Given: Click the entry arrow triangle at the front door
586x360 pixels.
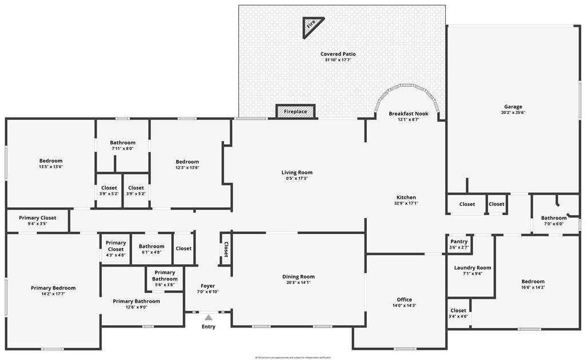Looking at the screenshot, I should tap(209, 317).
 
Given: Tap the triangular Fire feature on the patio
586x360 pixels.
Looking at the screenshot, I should tap(312, 25).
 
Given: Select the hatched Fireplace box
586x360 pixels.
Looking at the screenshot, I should tap(295, 112).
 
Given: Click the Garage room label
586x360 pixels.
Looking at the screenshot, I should tap(513, 106).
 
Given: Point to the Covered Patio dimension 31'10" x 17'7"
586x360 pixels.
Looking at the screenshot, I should tap(338, 60).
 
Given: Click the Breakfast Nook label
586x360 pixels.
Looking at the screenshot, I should tap(408, 113).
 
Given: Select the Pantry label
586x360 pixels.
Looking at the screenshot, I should tap(458, 242).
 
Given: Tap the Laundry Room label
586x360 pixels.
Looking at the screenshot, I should tap(472, 267).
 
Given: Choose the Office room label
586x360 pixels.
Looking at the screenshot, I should tap(405, 299).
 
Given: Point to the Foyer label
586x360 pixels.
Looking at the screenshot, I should tap(208, 286).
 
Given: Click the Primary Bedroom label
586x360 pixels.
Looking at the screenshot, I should tap(53, 288).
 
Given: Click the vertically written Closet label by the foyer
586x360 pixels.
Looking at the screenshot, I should tap(226, 250).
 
